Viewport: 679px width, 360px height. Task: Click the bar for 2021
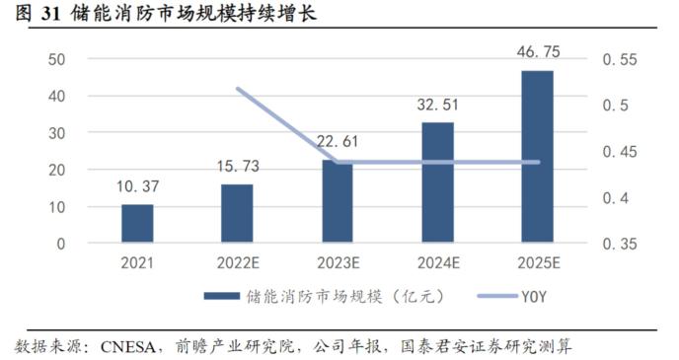pyautogui.click(x=137, y=224)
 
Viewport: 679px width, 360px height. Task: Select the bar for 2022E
pyautogui.click(x=237, y=214)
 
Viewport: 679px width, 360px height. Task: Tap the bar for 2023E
pyautogui.click(x=337, y=202)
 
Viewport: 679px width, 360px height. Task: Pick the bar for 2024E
pyautogui.click(x=437, y=183)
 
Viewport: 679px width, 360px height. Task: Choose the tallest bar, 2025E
pyautogui.click(x=537, y=157)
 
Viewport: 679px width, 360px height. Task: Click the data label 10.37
pyautogui.click(x=138, y=186)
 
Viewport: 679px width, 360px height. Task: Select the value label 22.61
pyautogui.click(x=337, y=142)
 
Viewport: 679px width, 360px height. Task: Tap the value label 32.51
pyautogui.click(x=438, y=105)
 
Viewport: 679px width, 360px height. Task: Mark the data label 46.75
pyautogui.click(x=538, y=51)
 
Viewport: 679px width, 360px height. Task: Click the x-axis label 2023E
pyautogui.click(x=337, y=263)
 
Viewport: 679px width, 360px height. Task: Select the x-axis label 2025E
pyautogui.click(x=537, y=263)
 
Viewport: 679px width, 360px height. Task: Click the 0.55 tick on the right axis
pyautogui.click(x=620, y=59)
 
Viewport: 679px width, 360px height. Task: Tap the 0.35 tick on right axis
pyautogui.click(x=620, y=244)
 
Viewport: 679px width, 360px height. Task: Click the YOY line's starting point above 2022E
pyautogui.click(x=238, y=89)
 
